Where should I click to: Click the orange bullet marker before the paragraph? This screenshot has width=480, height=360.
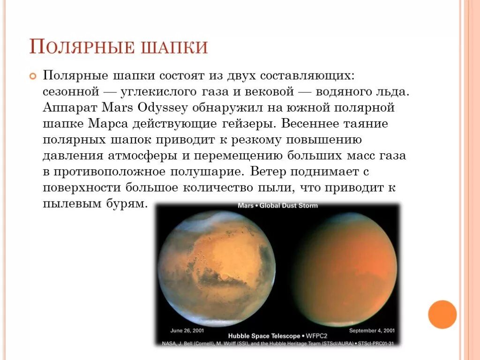coord(33,76)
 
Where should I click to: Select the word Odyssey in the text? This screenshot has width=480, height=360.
coord(163,107)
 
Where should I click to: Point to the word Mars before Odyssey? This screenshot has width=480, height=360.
coord(118,107)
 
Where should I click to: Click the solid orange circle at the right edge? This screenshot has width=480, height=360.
coord(442,314)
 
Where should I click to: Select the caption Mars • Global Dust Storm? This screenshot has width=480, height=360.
coord(277,205)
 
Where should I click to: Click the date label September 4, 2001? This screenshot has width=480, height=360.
coord(368,330)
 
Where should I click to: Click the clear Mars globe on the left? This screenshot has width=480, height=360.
coord(217,268)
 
